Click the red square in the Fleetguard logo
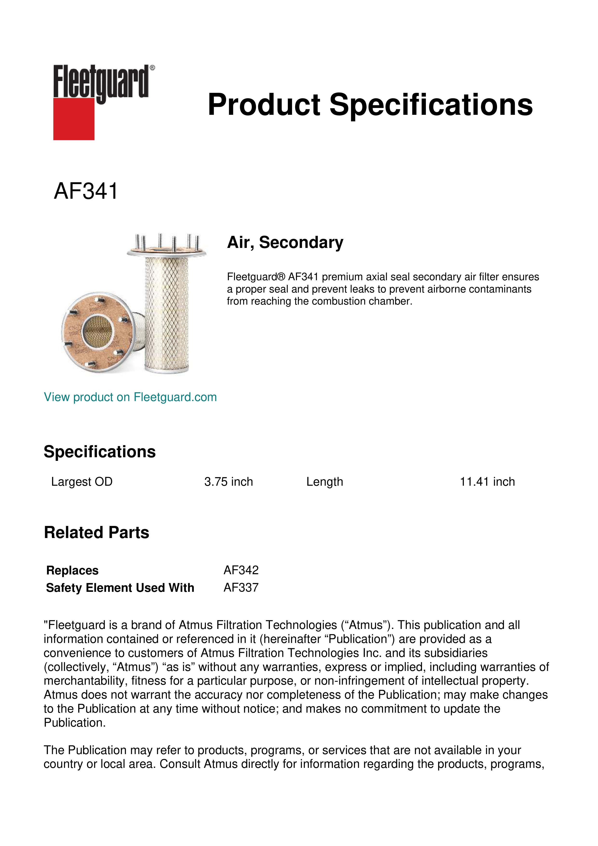(x=74, y=119)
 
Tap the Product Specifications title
(x=370, y=105)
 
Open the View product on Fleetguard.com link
(x=130, y=397)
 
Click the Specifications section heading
(x=99, y=452)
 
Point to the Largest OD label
(x=82, y=482)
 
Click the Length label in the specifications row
(x=324, y=482)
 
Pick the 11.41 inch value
(x=487, y=482)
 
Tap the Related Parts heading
(x=96, y=533)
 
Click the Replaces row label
(x=72, y=570)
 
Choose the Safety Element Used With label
(x=120, y=588)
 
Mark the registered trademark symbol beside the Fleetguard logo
(x=152, y=68)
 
